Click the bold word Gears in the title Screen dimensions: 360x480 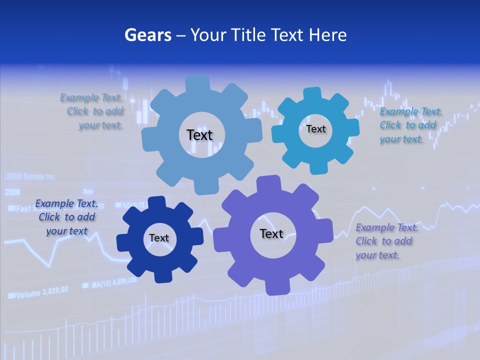click(x=147, y=35)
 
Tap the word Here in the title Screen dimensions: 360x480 click(x=327, y=35)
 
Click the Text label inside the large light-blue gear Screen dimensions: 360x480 click(x=199, y=135)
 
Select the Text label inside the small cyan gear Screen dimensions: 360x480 click(x=315, y=129)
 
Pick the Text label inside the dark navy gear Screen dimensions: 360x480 click(x=159, y=238)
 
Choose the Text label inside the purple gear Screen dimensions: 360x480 click(x=271, y=233)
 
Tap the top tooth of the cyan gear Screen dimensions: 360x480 click(x=312, y=93)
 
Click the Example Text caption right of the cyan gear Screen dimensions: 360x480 click(x=410, y=125)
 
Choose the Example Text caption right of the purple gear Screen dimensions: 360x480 click(x=386, y=241)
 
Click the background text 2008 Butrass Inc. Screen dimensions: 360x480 click(x=31, y=176)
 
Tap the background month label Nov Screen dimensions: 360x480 click(x=88, y=191)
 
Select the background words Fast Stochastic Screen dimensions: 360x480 click(x=45, y=208)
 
